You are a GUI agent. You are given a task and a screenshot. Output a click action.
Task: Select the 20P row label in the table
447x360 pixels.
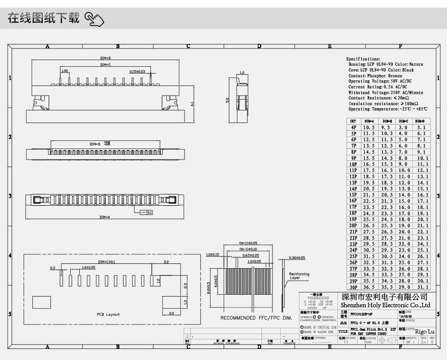(353, 225)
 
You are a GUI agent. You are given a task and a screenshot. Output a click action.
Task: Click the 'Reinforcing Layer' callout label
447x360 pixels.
(299, 276)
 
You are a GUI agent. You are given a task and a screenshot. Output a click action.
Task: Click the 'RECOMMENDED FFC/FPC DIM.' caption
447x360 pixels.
(256, 318)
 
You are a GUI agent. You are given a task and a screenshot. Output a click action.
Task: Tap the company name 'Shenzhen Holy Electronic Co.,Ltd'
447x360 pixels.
(385, 305)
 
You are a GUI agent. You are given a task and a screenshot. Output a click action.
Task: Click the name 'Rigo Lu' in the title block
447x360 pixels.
(424, 332)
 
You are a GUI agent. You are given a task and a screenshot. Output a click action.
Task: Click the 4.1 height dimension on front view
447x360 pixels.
(192, 104)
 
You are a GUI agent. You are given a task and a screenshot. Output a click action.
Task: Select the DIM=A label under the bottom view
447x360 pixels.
(105, 217)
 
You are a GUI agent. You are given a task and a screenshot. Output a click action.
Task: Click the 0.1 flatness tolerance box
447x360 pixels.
(149, 212)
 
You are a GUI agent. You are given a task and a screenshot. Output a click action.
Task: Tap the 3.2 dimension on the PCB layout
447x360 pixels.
(166, 262)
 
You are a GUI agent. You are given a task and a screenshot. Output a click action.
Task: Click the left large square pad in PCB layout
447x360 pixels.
(41, 302)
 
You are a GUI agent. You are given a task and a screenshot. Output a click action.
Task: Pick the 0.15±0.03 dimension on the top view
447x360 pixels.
(137, 71)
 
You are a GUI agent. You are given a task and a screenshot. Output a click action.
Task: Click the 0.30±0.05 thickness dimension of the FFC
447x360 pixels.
(297, 258)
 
